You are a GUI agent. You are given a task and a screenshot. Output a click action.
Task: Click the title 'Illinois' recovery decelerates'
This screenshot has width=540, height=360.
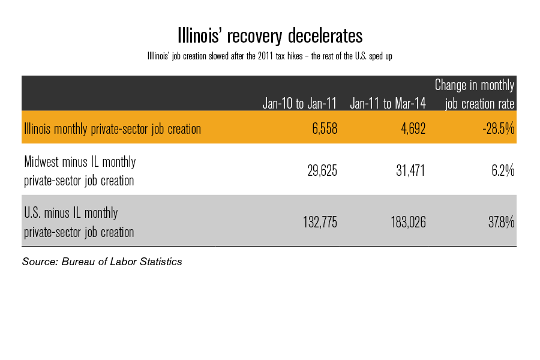(x=269, y=35)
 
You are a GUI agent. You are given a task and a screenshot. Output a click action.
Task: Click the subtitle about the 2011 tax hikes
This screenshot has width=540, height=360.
(x=269, y=56)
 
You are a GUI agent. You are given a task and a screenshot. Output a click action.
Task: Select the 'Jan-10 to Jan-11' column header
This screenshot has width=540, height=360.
(x=299, y=103)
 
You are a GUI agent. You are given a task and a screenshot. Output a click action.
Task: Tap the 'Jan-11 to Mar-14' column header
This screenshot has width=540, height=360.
(x=388, y=103)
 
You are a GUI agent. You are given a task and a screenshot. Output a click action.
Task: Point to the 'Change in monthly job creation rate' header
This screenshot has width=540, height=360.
(x=475, y=94)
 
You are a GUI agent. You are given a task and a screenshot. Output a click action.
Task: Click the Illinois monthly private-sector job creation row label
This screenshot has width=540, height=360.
(x=112, y=128)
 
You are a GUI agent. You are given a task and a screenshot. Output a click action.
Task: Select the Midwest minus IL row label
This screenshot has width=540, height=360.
(x=80, y=171)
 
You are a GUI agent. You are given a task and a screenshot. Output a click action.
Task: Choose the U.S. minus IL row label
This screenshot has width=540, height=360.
(x=79, y=222)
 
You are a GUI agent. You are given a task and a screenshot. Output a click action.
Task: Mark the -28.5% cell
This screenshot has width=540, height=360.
(x=499, y=128)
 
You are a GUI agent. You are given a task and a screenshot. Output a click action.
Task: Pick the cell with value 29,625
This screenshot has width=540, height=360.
(x=320, y=172)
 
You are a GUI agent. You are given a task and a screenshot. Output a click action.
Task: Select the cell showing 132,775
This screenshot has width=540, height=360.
(x=317, y=223)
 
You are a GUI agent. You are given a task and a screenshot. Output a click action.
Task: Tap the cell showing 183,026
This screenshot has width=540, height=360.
(x=405, y=223)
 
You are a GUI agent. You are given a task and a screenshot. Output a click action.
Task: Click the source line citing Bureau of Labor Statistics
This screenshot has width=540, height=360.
(x=102, y=262)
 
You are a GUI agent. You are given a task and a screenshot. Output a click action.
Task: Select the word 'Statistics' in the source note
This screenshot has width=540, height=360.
(x=160, y=262)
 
